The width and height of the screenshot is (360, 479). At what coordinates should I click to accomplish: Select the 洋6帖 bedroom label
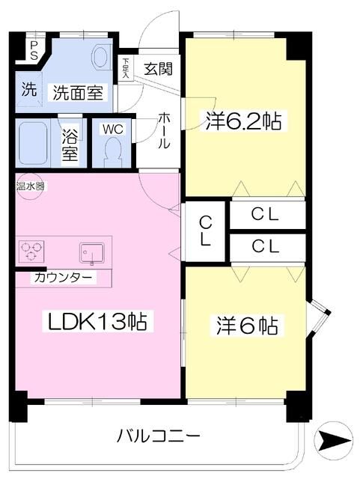pyautogui.click(x=248, y=326)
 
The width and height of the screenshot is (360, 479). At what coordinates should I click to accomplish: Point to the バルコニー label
pyautogui.click(x=159, y=435)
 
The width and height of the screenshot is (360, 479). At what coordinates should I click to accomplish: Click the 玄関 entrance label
pyautogui.click(x=158, y=70)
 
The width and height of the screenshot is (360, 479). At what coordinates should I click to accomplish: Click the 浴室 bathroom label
pyautogui.click(x=70, y=146)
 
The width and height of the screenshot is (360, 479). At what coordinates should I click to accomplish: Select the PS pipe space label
pyautogui.click(x=34, y=49)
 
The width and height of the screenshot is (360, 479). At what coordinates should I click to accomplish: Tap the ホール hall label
pyautogui.click(x=164, y=133)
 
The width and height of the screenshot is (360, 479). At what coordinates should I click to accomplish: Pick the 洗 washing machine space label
pyautogui.click(x=28, y=91)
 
